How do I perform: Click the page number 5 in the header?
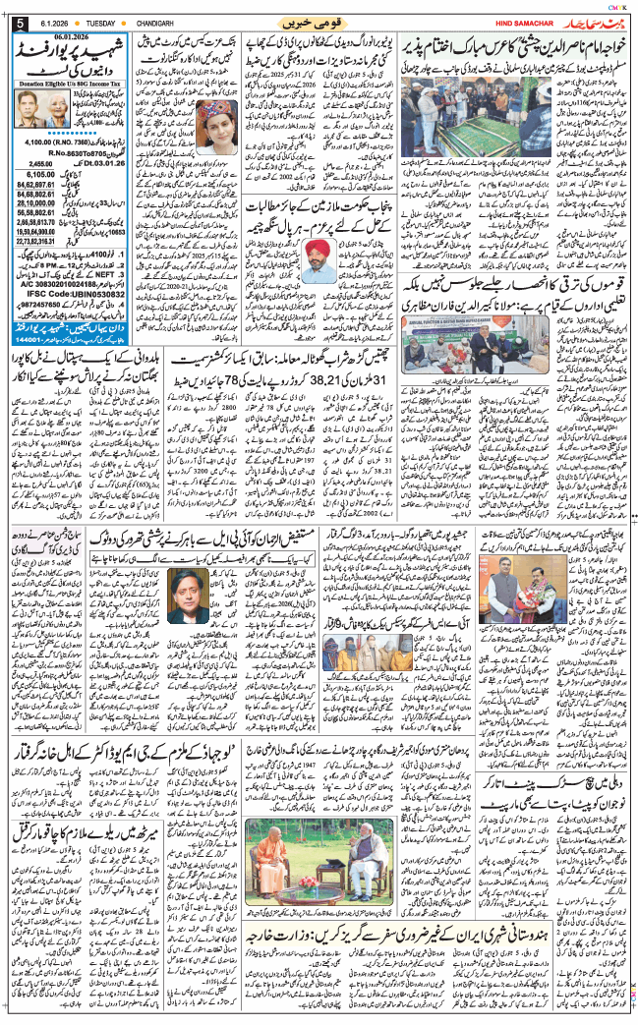pos(20,23)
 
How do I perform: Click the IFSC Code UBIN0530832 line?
pos(74,293)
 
